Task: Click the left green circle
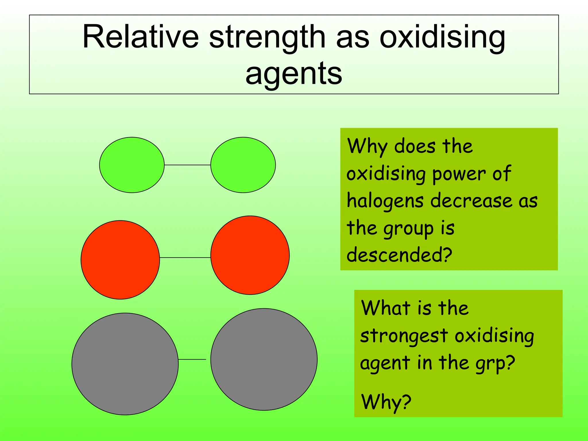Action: [132, 165]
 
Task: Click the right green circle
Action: [243, 165]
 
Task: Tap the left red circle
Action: [120, 260]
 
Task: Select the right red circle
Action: [250, 255]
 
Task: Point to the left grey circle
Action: [125, 364]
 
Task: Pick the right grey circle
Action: [264, 359]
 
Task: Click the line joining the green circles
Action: [187, 165]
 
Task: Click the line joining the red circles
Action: [185, 258]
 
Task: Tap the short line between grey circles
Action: [192, 359]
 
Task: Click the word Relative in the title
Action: [140, 37]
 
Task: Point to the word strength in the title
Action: [267, 37]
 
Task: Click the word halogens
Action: [385, 201]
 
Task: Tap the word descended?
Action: [399, 255]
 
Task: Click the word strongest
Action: [404, 336]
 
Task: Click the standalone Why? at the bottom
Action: [386, 402]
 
